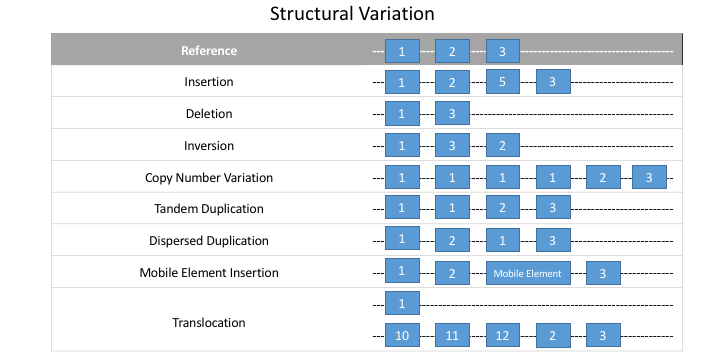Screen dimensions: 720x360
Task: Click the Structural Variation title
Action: tap(352, 14)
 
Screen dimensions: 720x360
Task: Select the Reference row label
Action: tap(209, 51)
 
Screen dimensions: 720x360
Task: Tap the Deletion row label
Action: tap(209, 113)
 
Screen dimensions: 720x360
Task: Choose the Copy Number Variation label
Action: tap(209, 177)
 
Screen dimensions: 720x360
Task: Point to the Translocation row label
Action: tap(209, 322)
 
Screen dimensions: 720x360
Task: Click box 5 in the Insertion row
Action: tap(502, 82)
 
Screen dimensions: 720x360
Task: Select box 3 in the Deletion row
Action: tap(452, 113)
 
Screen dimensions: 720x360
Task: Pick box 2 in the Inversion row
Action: tap(502, 145)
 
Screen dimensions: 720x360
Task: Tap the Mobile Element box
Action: tap(528, 273)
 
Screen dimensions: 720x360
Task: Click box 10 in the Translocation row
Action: tap(402, 335)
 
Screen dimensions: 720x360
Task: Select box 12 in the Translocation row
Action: tap(502, 335)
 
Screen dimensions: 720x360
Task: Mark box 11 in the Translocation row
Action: tap(452, 335)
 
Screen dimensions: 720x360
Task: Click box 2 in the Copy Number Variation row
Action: tap(603, 177)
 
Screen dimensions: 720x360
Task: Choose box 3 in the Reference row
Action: tap(502, 51)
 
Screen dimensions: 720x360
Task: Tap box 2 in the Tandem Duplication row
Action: tap(502, 208)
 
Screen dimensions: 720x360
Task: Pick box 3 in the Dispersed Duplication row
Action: tap(553, 240)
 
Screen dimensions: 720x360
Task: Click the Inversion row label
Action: tap(209, 146)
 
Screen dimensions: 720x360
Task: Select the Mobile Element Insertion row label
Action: tap(209, 273)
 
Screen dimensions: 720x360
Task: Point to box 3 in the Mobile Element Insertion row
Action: tap(603, 273)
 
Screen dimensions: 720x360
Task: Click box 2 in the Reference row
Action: tap(452, 51)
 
